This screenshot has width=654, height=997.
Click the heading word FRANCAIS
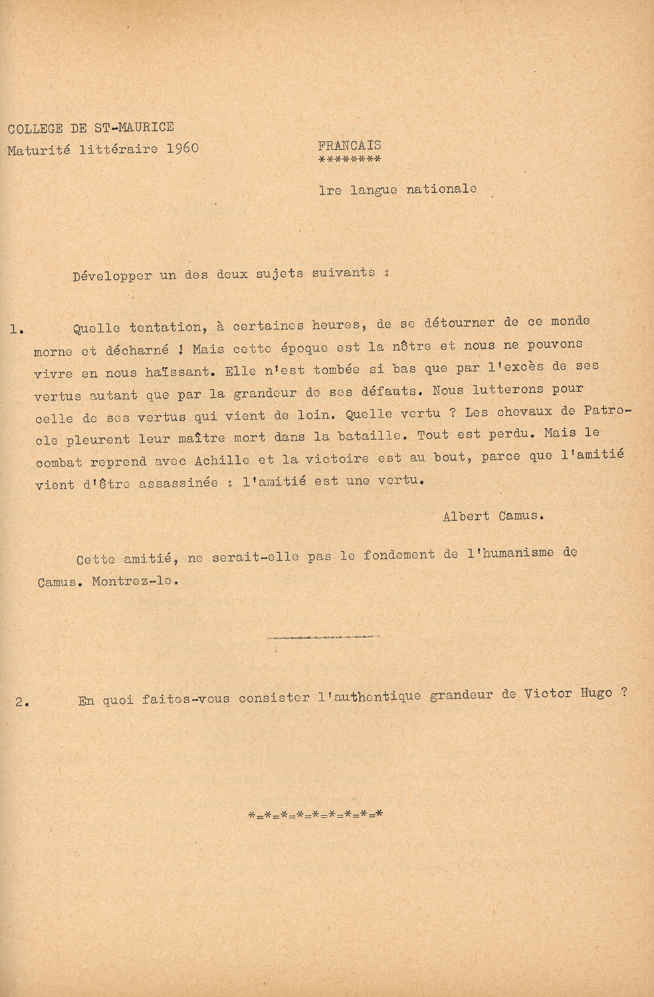(x=350, y=145)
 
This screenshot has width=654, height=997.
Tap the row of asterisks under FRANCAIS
(x=350, y=160)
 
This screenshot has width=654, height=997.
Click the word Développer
(x=112, y=276)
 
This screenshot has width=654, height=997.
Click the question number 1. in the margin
(x=17, y=328)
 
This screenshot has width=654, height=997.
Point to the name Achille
(x=222, y=460)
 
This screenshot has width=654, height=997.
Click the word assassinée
(x=178, y=483)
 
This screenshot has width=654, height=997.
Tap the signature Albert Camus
(x=492, y=516)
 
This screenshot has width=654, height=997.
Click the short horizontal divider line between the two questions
(x=324, y=637)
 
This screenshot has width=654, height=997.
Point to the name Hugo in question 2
(x=596, y=694)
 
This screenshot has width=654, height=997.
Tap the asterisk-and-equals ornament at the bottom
(x=315, y=814)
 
